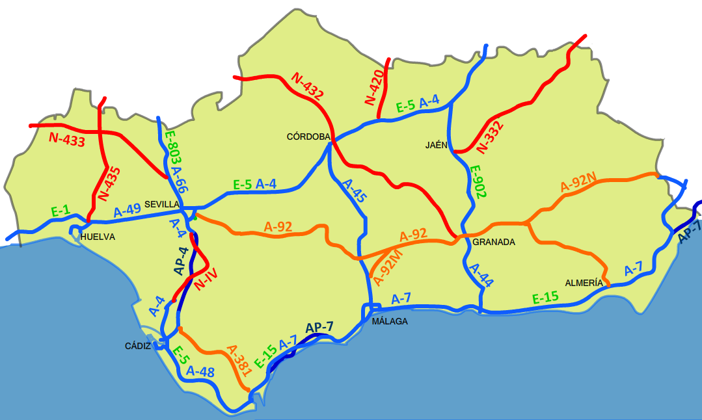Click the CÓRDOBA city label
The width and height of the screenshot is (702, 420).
pos(309,137)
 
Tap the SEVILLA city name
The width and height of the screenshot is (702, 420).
pos(162,204)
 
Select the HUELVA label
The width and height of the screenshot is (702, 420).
pos(98,237)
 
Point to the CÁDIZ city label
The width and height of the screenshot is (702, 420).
pos(138,346)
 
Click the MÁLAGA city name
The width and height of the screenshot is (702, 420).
pos(390,321)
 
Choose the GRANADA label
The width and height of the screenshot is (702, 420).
pos(494,242)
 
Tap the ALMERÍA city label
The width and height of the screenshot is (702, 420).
pos(584,283)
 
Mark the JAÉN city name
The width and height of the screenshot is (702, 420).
pos(437,145)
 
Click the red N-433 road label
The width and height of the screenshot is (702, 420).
pos(67,139)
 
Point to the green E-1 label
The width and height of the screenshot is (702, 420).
pos(61,211)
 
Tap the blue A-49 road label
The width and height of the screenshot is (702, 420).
pos(128,211)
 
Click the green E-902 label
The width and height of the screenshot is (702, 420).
pos(478,183)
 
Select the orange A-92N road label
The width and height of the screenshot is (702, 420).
pos(578,184)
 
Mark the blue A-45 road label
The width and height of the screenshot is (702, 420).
pos(355,191)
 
